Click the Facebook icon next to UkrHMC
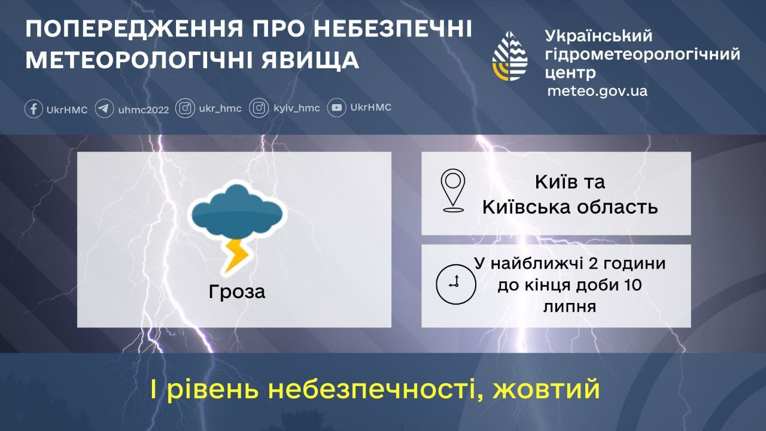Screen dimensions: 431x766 [34, 109]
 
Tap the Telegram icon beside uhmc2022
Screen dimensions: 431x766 [104, 109]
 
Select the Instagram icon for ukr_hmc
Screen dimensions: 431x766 [186, 108]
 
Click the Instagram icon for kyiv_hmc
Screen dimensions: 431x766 [259, 108]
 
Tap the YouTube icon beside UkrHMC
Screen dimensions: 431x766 [337, 108]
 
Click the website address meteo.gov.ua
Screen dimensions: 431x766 [597, 91]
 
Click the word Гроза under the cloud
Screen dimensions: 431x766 [236, 292]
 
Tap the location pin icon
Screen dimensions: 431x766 [453, 190]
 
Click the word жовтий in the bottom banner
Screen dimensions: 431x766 [546, 390]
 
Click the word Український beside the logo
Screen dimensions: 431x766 [599, 37]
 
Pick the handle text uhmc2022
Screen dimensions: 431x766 [144, 110]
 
